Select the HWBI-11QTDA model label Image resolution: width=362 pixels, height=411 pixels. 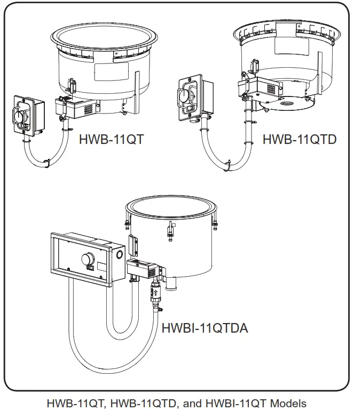204,327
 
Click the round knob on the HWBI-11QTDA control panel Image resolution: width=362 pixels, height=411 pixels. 85,260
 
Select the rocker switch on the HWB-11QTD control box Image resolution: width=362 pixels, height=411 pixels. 188,110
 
